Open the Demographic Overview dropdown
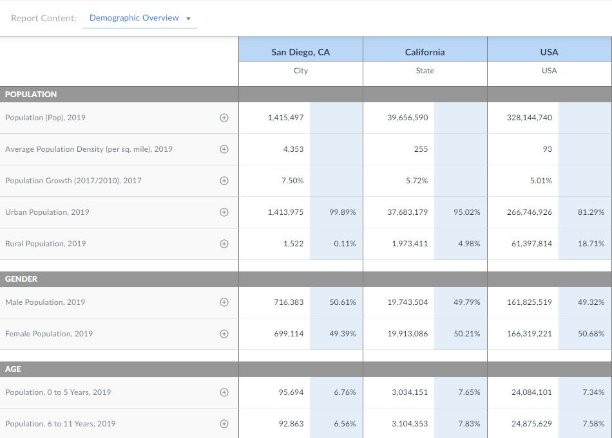pos(140,18)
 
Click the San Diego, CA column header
pos(300,52)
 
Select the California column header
pos(425,52)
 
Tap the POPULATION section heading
pos(31,95)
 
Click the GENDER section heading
pos(21,279)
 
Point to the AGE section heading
pos(13,369)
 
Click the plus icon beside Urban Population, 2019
pos(224,212)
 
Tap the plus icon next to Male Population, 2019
pos(224,302)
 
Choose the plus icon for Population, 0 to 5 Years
pos(224,392)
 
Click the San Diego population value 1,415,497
pos(285,118)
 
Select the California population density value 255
pos(421,149)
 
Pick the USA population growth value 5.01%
pos(540,181)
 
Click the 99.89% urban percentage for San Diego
pos(343,212)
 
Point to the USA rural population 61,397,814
pos(531,244)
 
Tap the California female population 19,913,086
pos(407,334)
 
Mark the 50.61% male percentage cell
pos(343,302)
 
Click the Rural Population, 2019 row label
pos(45,244)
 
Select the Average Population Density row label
pos(89,149)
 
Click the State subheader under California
pos(425,71)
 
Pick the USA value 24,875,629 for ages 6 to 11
pos(531,424)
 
